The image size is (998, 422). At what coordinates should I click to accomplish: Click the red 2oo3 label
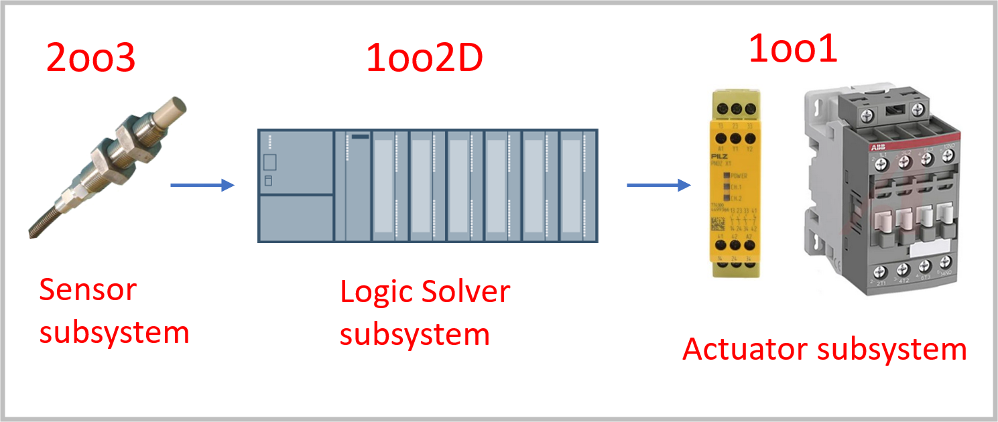[90, 59]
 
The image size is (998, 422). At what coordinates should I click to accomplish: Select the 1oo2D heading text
[424, 59]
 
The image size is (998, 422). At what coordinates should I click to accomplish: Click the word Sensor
[88, 290]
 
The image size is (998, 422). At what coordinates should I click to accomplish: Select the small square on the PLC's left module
[270, 161]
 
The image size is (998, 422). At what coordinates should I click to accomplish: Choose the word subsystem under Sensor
[114, 332]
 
